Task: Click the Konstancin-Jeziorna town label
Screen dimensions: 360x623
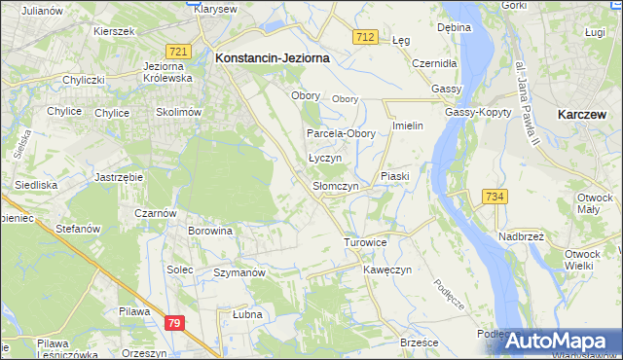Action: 272,58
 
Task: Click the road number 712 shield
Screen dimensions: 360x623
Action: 365,36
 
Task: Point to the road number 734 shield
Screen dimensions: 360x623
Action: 495,197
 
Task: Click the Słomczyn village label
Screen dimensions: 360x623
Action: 335,186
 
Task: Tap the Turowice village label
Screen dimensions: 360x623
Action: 366,241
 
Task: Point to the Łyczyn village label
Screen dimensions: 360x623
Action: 326,158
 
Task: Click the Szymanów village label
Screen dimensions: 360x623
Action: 239,273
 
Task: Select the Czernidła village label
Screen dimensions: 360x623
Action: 434,62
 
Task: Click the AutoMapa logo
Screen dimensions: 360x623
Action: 559,342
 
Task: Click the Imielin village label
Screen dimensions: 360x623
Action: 407,126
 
